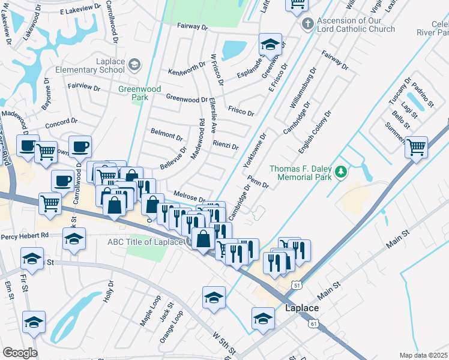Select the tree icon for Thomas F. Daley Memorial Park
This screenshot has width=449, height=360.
pyautogui.click(x=341, y=173)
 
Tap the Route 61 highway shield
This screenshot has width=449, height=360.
pyautogui.click(x=313, y=323)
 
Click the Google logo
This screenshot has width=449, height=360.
pyautogui.click(x=20, y=353)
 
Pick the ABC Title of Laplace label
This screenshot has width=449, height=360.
pyautogui.click(x=145, y=242)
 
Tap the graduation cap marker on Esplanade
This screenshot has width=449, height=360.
pyautogui.click(x=270, y=44)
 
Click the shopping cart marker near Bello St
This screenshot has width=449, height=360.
pyautogui.click(x=416, y=146)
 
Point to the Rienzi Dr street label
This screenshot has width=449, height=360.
pyautogui.click(x=226, y=146)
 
